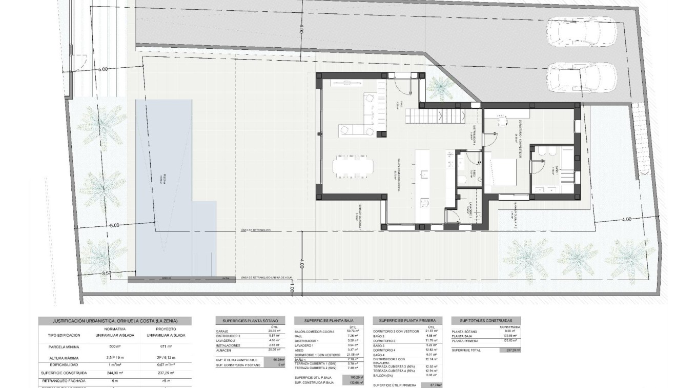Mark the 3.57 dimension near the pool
pyautogui.click(x=107, y=274)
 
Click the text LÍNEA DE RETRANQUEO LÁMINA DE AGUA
pyautogui.click(x=266, y=278)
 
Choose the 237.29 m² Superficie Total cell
pyautogui.click(x=509, y=350)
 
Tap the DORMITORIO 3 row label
pyautogui.click(x=384, y=341)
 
